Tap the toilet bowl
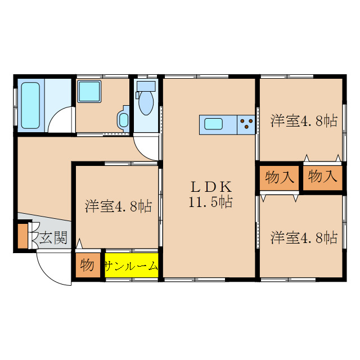[x=145, y=103]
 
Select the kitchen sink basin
[x=214, y=124]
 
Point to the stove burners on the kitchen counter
[x=246, y=124]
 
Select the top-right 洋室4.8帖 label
[x=304, y=120]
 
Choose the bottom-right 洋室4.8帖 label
[x=304, y=237]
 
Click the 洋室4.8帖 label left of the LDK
[x=119, y=206]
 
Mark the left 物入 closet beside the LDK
[x=280, y=177]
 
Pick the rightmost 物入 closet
[x=323, y=177]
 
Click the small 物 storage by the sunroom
[x=87, y=265]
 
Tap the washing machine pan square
[x=88, y=91]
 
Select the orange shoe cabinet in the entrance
[x=22, y=236]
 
